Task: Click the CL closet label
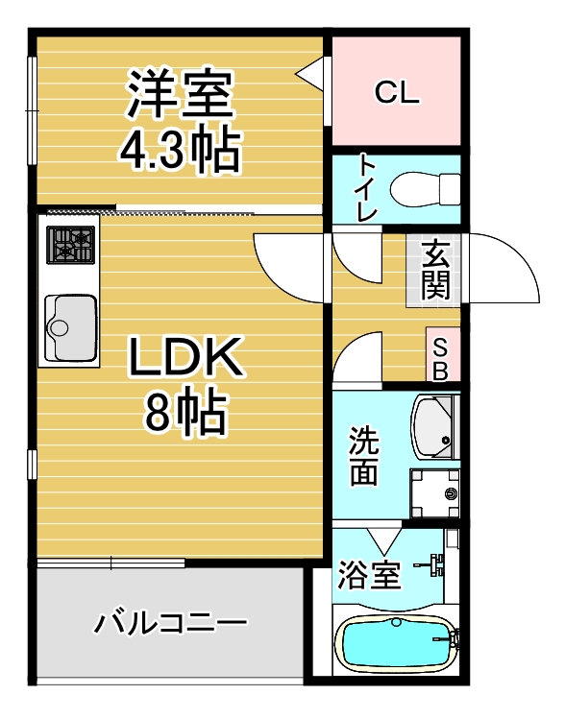(397, 92)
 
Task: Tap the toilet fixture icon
(426, 189)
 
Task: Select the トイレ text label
(367, 188)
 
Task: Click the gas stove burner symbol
(71, 245)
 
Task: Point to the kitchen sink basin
(71, 327)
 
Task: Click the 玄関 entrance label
(434, 270)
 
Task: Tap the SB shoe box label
(440, 359)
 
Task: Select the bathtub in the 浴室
(396, 640)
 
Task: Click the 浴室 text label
(369, 575)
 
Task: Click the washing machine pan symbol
(435, 493)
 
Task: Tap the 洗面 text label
(364, 456)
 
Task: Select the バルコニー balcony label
(171, 623)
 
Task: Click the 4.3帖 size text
(181, 151)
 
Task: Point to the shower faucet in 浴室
(431, 564)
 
